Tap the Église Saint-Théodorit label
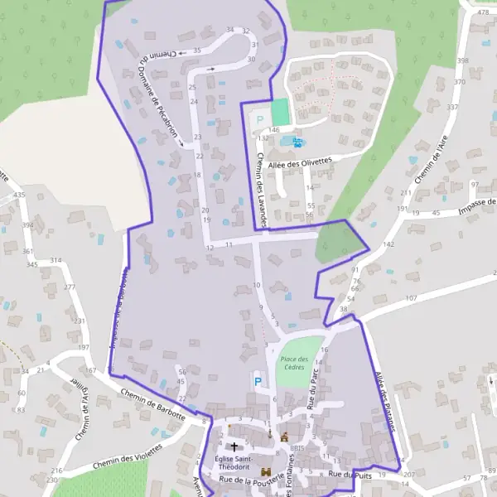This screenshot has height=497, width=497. click(x=234, y=463)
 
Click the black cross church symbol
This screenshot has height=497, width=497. click(x=233, y=446)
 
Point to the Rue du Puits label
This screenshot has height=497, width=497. click(x=349, y=475)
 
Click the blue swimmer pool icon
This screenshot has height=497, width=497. click(x=297, y=142)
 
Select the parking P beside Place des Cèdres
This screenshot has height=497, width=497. click(x=258, y=382)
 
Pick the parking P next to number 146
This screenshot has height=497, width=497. click(x=259, y=120)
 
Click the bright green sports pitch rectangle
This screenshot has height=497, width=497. click(x=281, y=112)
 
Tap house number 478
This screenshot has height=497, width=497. click(x=480, y=12)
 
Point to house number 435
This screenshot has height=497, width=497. click(x=19, y=195)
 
